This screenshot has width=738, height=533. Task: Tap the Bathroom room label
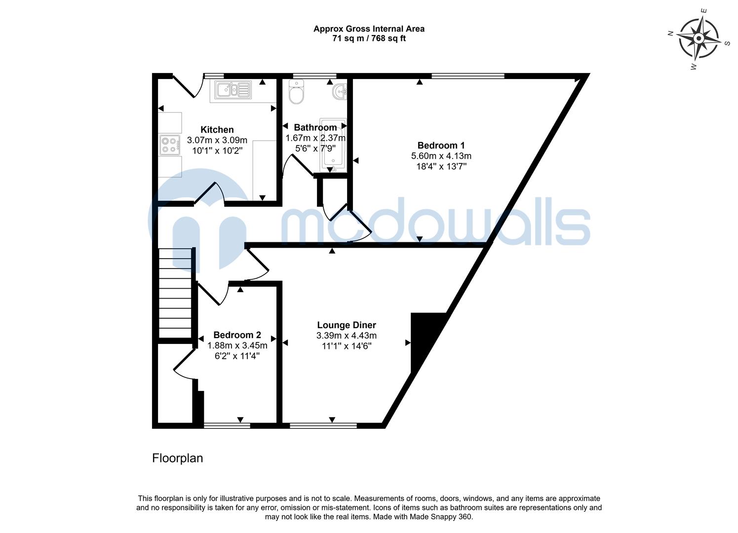click(315, 127)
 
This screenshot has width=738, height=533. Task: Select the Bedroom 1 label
click(441, 145)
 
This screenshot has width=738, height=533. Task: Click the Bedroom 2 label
click(237, 335)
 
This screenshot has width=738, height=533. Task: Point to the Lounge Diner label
click(346, 325)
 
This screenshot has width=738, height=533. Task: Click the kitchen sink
click(231, 90)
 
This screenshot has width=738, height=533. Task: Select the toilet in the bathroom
click(297, 94)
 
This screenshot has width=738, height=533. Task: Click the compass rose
click(698, 38)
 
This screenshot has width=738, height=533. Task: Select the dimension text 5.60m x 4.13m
click(441, 156)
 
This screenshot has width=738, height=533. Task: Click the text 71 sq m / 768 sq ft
click(369, 38)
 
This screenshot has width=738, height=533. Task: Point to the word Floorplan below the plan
click(177, 458)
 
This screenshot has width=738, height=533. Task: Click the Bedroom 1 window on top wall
click(467, 76)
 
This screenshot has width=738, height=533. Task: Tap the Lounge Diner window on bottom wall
click(323, 424)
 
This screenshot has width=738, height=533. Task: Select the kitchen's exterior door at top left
click(187, 85)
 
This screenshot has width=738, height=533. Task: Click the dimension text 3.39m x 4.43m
click(346, 336)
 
